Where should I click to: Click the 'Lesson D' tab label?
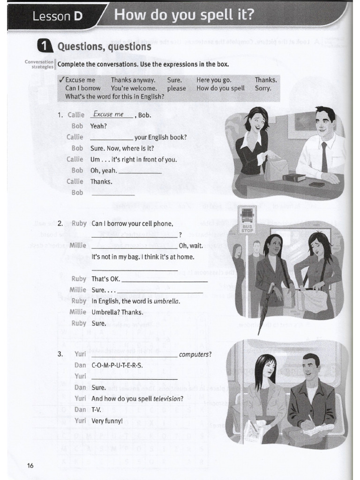coord(57,16)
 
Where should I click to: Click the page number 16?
coord(30,465)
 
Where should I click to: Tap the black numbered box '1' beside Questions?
coord(44,46)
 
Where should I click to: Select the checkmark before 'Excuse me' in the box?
coord(62,80)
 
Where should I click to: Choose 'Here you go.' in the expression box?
coord(214,80)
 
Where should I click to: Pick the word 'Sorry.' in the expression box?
coord(263,88)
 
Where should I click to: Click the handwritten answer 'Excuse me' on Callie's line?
coord(108,114)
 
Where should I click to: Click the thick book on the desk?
coord(294,178)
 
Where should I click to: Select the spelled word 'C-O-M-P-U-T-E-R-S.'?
coord(117,365)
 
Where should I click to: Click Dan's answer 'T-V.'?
coord(96,410)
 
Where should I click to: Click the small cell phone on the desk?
coord(317,184)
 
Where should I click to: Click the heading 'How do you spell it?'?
coord(184,15)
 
